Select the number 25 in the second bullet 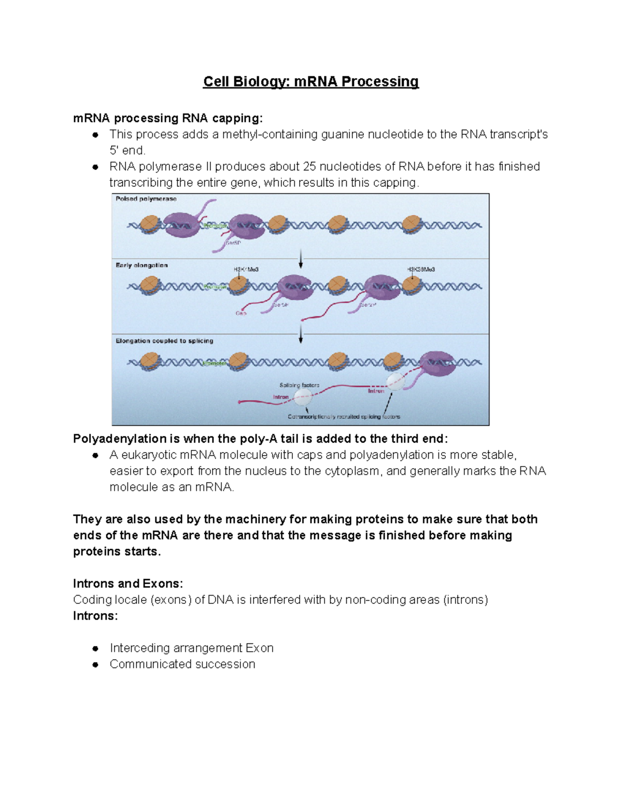click(x=309, y=166)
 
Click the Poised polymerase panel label click(x=146, y=199)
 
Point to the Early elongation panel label click(x=142, y=265)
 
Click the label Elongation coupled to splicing click(x=164, y=341)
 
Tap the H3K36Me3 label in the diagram click(x=420, y=270)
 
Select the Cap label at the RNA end click(x=241, y=314)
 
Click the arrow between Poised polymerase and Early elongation click(x=301, y=258)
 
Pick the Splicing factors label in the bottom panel click(x=299, y=385)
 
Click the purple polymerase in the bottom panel click(x=437, y=363)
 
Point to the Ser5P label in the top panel click(x=233, y=243)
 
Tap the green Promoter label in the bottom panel click(x=214, y=363)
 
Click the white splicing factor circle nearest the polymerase click(x=395, y=382)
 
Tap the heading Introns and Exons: click(x=128, y=584)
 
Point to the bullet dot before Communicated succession click(x=95, y=665)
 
